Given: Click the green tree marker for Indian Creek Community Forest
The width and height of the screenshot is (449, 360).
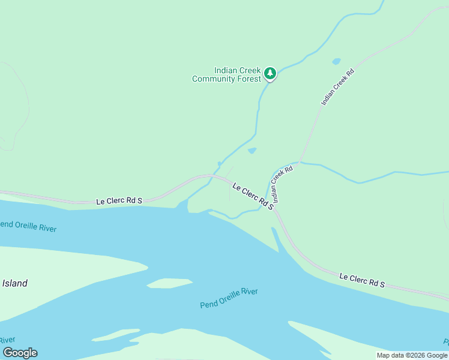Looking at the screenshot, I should tap(270, 73).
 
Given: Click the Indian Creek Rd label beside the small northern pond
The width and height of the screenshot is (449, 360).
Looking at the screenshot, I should tap(337, 88).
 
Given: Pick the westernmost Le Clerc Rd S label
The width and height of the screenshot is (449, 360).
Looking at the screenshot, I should tap(119, 201).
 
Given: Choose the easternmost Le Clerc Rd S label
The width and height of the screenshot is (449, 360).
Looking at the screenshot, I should tap(361, 280).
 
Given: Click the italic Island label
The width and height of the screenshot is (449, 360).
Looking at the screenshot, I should tap(14, 283).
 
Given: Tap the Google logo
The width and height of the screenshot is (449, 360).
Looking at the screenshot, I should tap(20, 353).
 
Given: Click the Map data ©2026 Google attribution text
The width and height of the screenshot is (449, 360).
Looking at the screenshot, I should tap(412, 355).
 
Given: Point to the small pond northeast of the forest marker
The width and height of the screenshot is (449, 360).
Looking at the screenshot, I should tap(336, 61).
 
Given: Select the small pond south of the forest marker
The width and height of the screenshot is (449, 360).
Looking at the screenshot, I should tap(252, 151).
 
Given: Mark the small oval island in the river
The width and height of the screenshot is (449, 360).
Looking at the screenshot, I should tap(169, 283).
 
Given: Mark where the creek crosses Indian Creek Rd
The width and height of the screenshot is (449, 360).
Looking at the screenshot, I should tap(300, 162).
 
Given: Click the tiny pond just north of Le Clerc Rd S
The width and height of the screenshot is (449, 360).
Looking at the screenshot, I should tap(219, 164).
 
